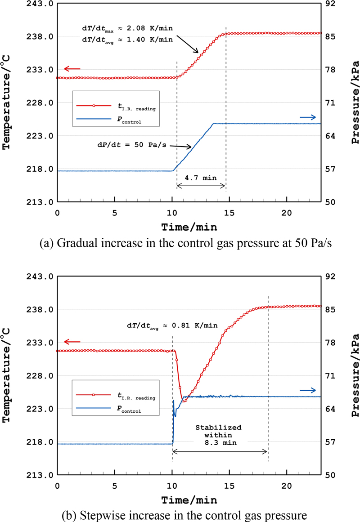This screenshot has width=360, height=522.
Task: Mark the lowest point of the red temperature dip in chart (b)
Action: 184,401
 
